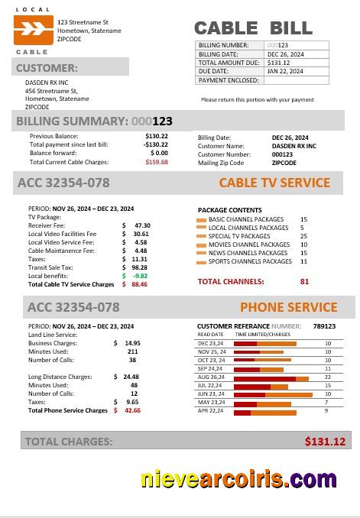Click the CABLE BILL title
[x=253, y=28]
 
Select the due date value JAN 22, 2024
[x=285, y=71]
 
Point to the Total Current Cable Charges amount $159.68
[x=156, y=162]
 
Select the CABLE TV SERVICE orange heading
[x=274, y=183]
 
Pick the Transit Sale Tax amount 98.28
[x=139, y=267]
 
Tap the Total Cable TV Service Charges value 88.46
[x=139, y=284]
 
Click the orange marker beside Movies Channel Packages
[x=202, y=245]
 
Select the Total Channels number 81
[x=304, y=281]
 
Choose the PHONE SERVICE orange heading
[x=288, y=307]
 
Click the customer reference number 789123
[x=324, y=325]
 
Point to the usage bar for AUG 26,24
[x=264, y=377]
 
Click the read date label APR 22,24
[x=210, y=411]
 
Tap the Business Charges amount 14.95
[x=132, y=343]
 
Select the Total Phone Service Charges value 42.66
[x=132, y=410]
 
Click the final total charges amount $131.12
[x=325, y=441]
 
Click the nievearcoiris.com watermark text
[x=238, y=480]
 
